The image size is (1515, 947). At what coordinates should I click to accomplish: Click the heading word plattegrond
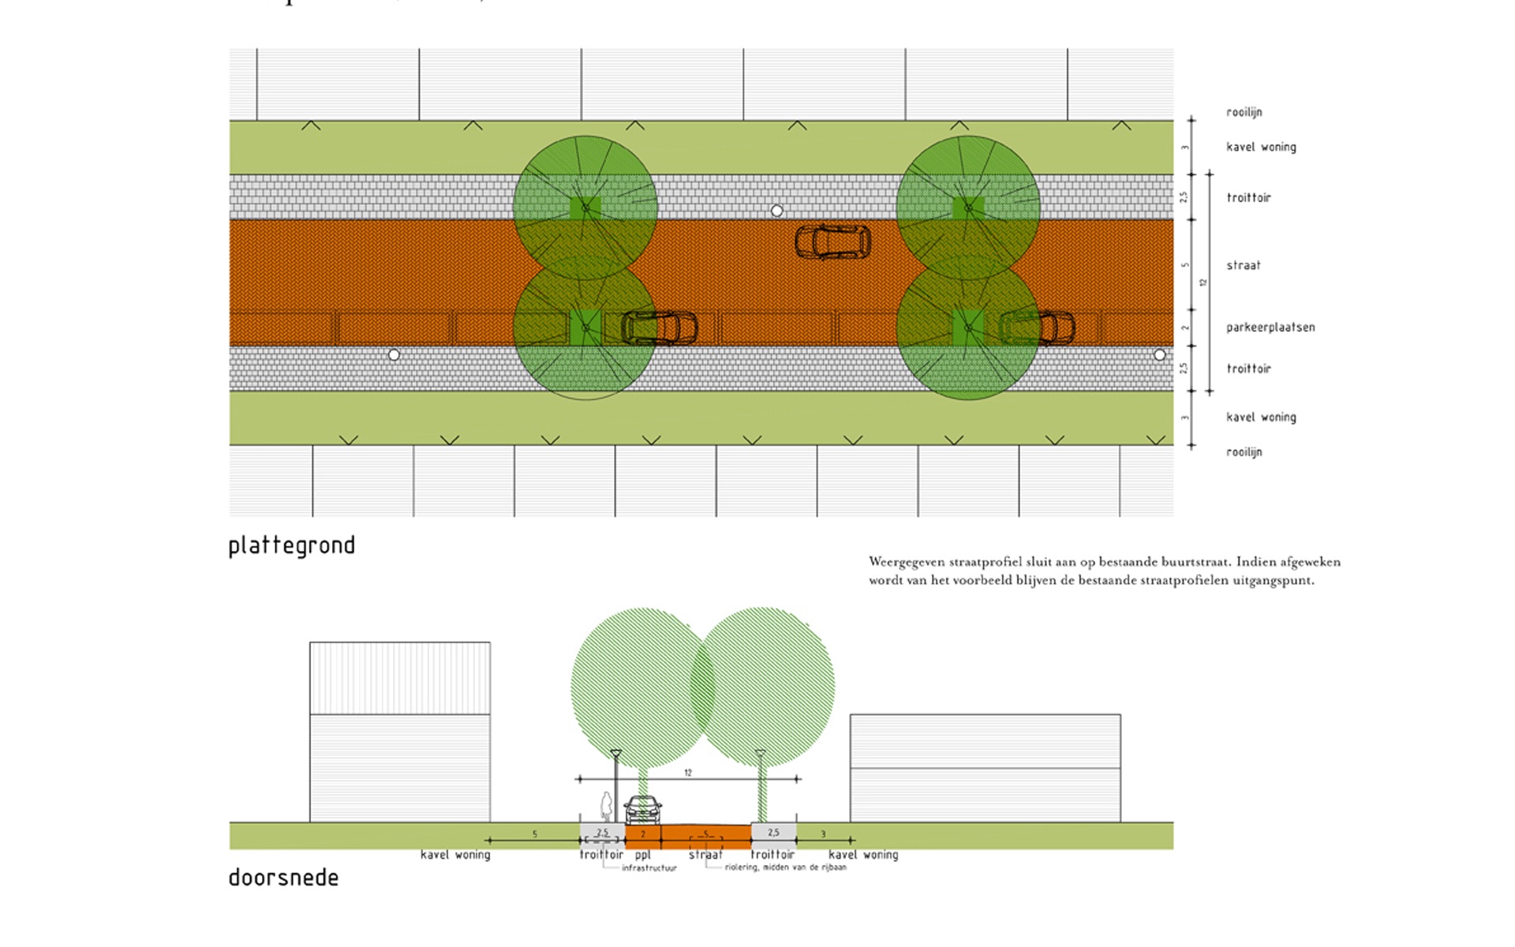tap(291, 546)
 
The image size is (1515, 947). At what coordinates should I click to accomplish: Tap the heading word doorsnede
tap(283, 878)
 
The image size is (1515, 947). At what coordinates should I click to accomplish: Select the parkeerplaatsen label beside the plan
tap(1270, 328)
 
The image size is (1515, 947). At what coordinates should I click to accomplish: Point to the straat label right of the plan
tap(1243, 266)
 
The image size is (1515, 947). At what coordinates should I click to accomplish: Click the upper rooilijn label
tap(1244, 112)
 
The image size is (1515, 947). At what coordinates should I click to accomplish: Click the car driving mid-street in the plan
tap(832, 242)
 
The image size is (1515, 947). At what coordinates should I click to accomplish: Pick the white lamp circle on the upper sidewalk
tap(776, 211)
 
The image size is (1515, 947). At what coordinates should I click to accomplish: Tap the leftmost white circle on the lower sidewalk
tap(394, 355)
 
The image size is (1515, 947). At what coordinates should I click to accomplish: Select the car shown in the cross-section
tap(642, 810)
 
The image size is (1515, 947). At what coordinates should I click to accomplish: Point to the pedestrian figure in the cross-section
tap(606, 807)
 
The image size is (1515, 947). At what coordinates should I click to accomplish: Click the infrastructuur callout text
tap(649, 868)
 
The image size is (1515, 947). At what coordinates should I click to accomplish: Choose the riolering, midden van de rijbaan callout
tap(785, 867)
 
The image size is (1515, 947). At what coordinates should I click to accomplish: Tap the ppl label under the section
tap(642, 855)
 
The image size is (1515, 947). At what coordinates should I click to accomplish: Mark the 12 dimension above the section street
tap(688, 773)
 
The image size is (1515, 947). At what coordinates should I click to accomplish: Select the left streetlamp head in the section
tap(615, 754)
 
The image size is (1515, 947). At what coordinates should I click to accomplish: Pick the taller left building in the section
tap(399, 732)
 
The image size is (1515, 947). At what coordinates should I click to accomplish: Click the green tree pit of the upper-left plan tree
tap(585, 208)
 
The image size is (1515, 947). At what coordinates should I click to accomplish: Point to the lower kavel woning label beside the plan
tap(1260, 417)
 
